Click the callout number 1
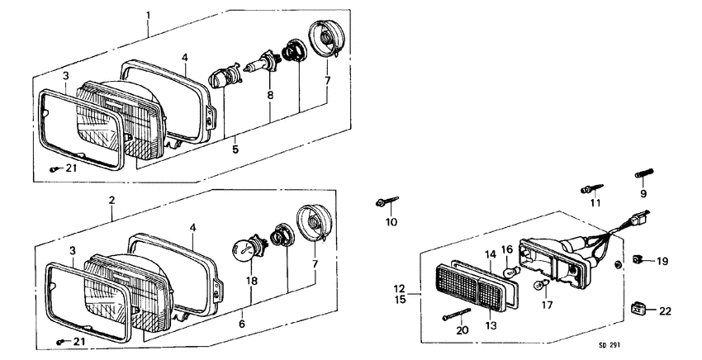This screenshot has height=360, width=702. click(149, 16)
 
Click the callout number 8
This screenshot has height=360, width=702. click(269, 96)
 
